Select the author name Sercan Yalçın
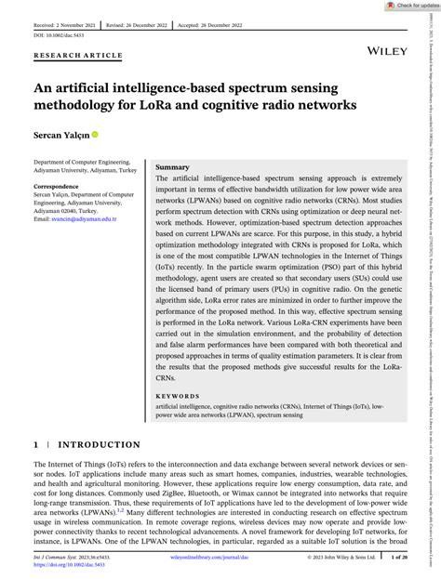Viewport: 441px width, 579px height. (x=68, y=136)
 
